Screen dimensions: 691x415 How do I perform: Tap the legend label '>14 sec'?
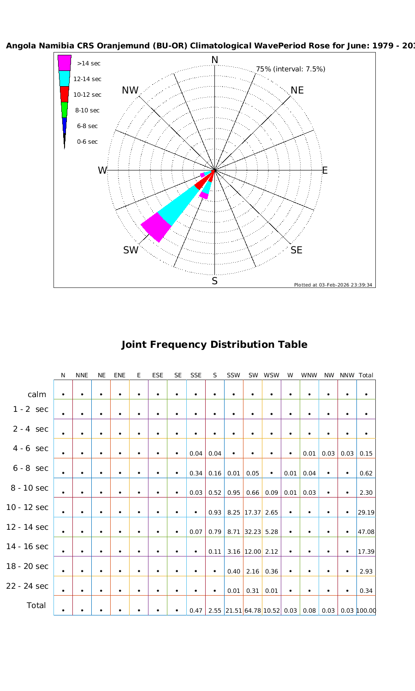pos(89,64)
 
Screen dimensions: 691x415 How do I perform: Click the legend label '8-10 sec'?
pos(87,111)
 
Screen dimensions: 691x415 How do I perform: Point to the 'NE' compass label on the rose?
pos(297,90)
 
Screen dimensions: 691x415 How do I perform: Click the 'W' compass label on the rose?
pos(102,171)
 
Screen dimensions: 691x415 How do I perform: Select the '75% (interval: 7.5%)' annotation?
pos(290,69)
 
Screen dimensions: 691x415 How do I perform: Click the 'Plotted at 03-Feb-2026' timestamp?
pos(333,285)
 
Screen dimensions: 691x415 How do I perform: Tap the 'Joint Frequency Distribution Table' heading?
pos(214,345)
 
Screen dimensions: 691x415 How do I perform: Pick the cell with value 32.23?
pos(253,532)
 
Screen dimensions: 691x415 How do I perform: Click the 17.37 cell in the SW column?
pos(253,512)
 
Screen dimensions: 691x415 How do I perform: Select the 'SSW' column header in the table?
pos(233,375)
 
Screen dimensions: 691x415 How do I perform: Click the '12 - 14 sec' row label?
pos(27,527)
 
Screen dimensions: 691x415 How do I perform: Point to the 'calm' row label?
pos(37,394)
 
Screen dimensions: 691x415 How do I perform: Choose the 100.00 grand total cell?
pos(366,611)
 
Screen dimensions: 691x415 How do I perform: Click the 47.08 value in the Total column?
pos(366,532)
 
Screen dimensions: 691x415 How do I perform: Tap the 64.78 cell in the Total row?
pos(253,611)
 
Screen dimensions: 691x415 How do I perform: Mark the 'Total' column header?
pos(366,375)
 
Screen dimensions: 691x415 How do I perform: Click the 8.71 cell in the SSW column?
pos(234,532)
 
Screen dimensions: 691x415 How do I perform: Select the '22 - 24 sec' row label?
pos(27,586)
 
